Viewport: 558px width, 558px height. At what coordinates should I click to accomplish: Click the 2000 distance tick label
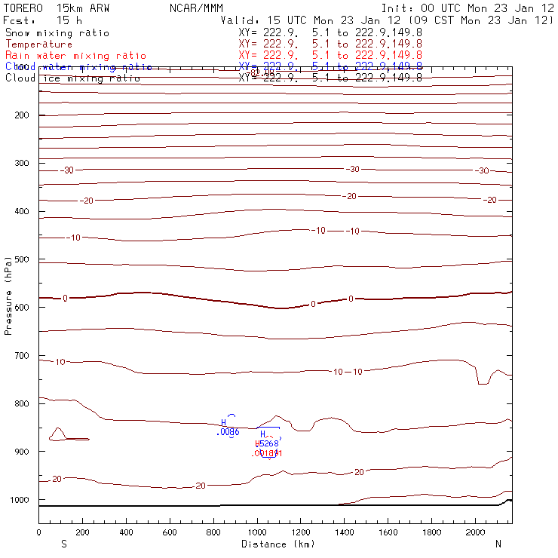pyautogui.click(x=476, y=532)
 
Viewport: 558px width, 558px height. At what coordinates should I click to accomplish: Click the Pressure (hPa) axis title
pyautogui.click(x=8, y=294)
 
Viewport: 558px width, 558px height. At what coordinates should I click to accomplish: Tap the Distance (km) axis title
pyautogui.click(x=277, y=544)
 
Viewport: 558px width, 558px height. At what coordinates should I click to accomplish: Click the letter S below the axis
pyautogui.click(x=63, y=544)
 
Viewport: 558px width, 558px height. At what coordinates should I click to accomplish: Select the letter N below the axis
pyautogui.click(x=498, y=544)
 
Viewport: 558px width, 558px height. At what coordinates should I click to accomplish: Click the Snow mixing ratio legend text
pyautogui.click(x=57, y=33)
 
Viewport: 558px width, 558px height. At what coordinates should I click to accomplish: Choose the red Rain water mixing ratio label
pyautogui.click(x=75, y=56)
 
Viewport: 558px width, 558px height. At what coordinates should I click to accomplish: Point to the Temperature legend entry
pyautogui.click(x=38, y=44)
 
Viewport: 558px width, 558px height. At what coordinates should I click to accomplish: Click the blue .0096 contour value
pyautogui.click(x=227, y=432)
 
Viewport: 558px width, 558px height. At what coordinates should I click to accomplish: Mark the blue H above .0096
pyautogui.click(x=224, y=422)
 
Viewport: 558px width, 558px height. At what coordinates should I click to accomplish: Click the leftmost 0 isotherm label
pyautogui.click(x=65, y=299)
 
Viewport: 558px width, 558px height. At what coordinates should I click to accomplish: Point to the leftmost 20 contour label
pyautogui.click(x=57, y=479)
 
